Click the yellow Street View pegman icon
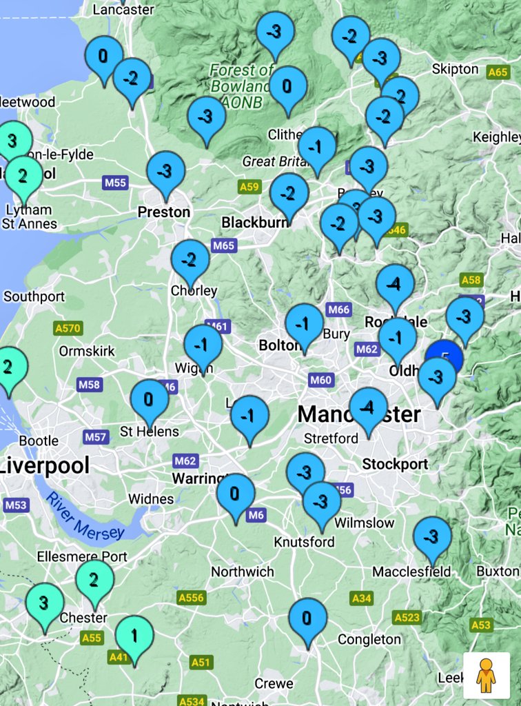[x=486, y=675]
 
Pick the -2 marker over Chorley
[x=190, y=260]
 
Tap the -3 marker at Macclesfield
[x=432, y=536]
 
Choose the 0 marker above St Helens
[x=150, y=400]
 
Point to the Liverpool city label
[x=45, y=465]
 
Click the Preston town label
[x=164, y=212]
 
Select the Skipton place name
[x=455, y=69]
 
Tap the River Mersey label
[x=86, y=516]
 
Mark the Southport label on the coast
[x=34, y=296]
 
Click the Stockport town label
[x=395, y=464]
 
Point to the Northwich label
[x=242, y=572]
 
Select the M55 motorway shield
[x=115, y=183]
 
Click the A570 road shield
[x=68, y=328]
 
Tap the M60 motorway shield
[x=321, y=380]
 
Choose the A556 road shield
[x=191, y=597]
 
